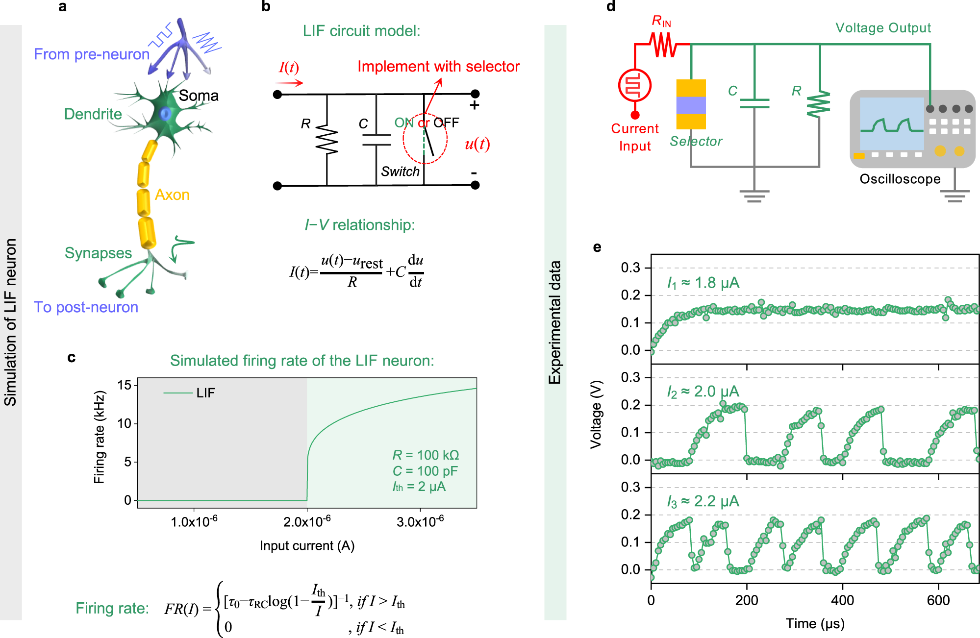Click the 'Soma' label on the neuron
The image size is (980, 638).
pos(199,96)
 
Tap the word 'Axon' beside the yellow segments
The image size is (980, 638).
pos(172,195)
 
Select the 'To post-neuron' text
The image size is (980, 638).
pos(86,307)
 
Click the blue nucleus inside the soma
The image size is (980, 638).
pos(165,114)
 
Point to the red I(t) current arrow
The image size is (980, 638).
pos(290,83)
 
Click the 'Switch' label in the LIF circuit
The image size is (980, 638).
pos(400,172)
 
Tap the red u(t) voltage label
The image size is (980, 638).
pos(477,144)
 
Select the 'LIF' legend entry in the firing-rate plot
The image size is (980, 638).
pos(205,393)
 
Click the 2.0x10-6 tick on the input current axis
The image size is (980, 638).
pos(307,522)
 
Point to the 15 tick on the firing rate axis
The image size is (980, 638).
pos(125,385)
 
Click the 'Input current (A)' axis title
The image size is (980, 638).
pos(307,546)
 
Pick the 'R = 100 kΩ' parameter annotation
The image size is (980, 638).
pos(426,455)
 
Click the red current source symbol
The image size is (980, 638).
pos(635,85)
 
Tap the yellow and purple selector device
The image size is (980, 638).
pos(691,104)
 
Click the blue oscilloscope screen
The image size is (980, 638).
pos(892,123)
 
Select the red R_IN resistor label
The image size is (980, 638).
pos(661,21)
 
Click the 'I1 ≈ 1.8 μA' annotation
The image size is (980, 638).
pos(703,283)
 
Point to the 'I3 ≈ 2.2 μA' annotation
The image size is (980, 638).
pos(703,501)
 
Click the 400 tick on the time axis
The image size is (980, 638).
pos(843,600)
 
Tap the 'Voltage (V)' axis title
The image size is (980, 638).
pos(596,414)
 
